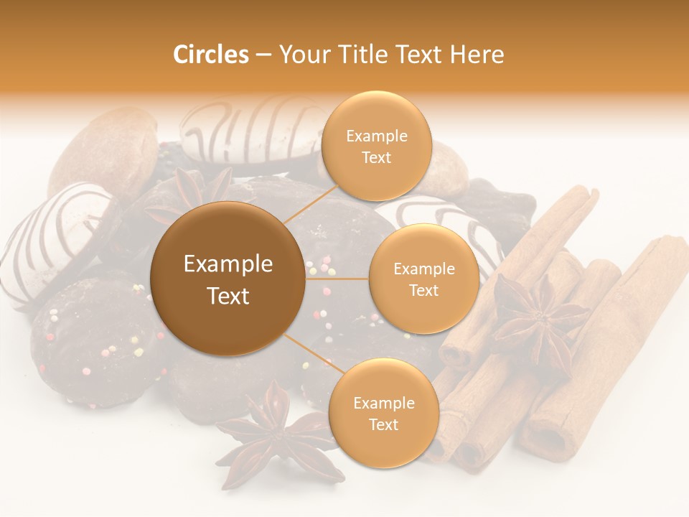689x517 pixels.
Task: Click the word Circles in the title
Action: click(x=210, y=55)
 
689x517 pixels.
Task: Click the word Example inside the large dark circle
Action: click(x=228, y=264)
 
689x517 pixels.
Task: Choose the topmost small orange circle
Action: click(x=376, y=146)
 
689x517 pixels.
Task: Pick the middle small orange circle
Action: click(x=423, y=279)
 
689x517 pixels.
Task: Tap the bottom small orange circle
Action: click(x=383, y=413)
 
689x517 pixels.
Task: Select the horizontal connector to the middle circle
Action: click(x=337, y=279)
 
